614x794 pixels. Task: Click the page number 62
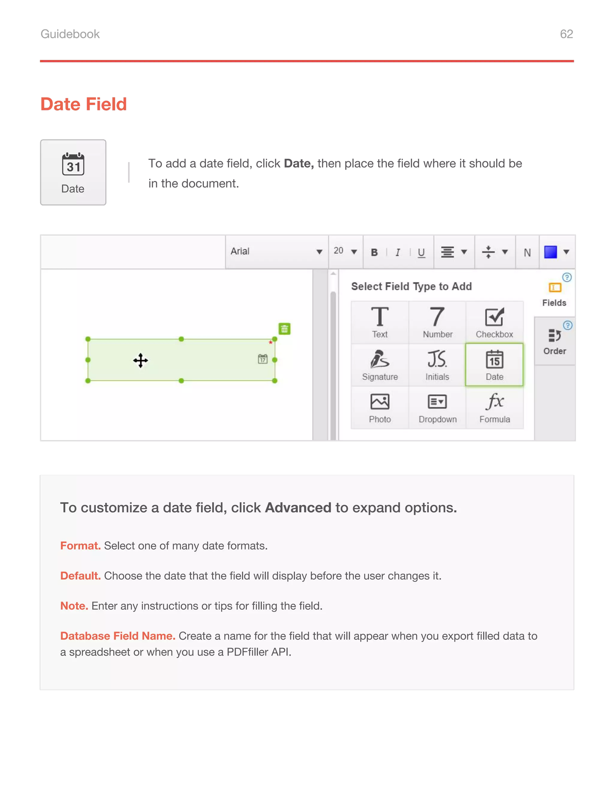click(566, 34)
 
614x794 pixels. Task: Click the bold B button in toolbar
click(374, 252)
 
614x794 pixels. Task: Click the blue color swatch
click(550, 252)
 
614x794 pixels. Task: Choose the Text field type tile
click(380, 322)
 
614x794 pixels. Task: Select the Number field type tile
click(437, 322)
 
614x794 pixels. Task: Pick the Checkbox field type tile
click(494, 322)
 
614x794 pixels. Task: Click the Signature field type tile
click(380, 365)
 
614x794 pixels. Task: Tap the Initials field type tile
click(437, 365)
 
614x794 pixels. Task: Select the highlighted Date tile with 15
click(494, 365)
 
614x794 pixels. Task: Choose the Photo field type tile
click(380, 407)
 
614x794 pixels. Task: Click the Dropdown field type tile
click(437, 407)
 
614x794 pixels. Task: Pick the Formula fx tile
click(494, 407)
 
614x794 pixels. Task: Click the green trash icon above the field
click(285, 329)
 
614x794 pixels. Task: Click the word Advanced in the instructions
click(298, 508)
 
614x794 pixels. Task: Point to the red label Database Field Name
click(118, 636)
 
